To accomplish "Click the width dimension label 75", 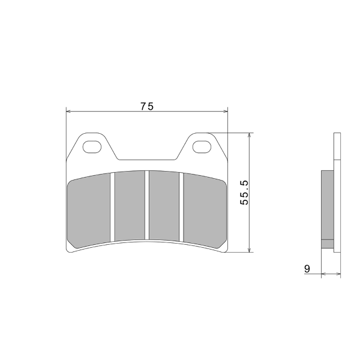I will tap(147, 106).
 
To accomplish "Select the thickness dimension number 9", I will tap(307, 269).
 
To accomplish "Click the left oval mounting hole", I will tap(92, 146).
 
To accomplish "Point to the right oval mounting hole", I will tap(202, 146).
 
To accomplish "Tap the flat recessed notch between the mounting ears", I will tap(147, 160).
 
